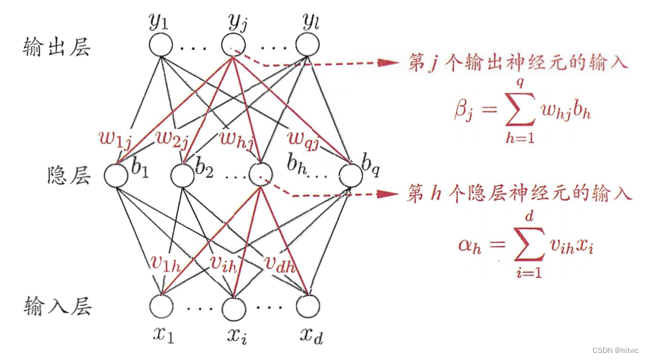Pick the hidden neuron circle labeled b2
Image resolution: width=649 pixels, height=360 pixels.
[x=182, y=174]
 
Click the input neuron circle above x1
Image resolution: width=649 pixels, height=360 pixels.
[x=161, y=306]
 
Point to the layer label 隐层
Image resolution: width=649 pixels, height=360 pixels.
[x=68, y=175]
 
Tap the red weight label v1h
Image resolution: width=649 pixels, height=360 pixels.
[x=167, y=262]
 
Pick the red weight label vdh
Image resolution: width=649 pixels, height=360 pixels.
[x=280, y=262]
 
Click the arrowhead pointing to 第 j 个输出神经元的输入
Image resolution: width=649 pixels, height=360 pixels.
[x=390, y=63]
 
